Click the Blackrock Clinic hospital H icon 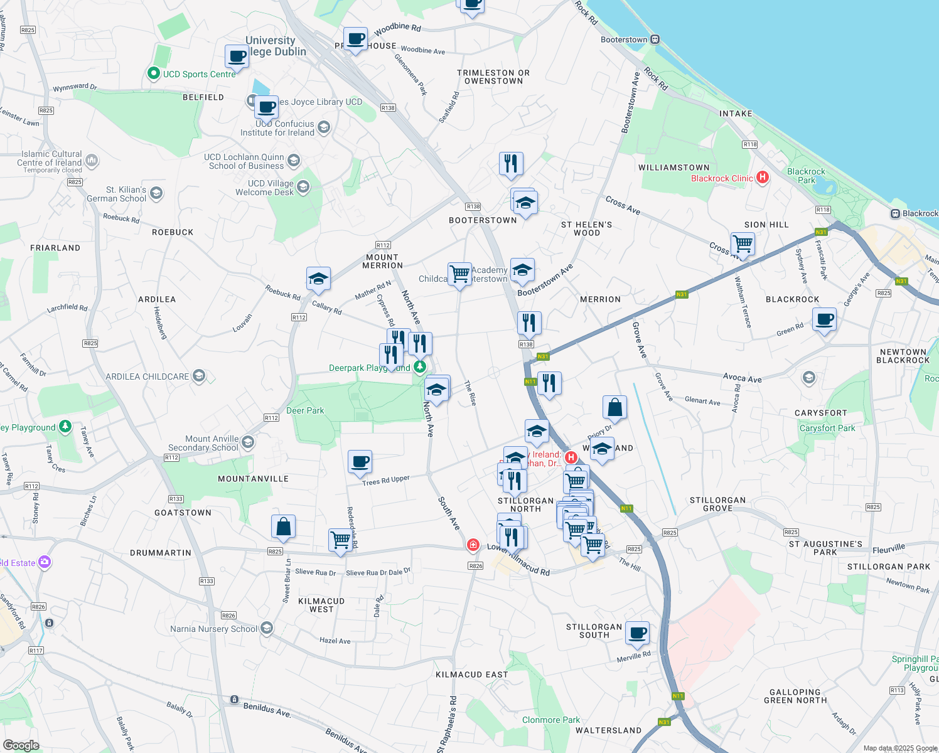click(763, 178)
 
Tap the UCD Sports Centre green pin click(153, 73)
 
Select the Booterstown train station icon click(655, 40)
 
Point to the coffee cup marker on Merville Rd click(637, 633)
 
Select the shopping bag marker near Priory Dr click(615, 407)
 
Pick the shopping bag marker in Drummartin click(283, 527)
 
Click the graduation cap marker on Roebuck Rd click(318, 279)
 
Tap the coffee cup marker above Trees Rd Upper click(360, 462)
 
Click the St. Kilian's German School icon click(156, 193)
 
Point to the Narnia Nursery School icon click(267, 628)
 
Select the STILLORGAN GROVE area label click(717, 505)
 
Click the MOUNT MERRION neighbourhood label click(382, 261)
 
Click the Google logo click(21, 745)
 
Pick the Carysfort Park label click(827, 428)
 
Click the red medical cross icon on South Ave click(473, 545)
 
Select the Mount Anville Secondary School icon click(248, 442)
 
